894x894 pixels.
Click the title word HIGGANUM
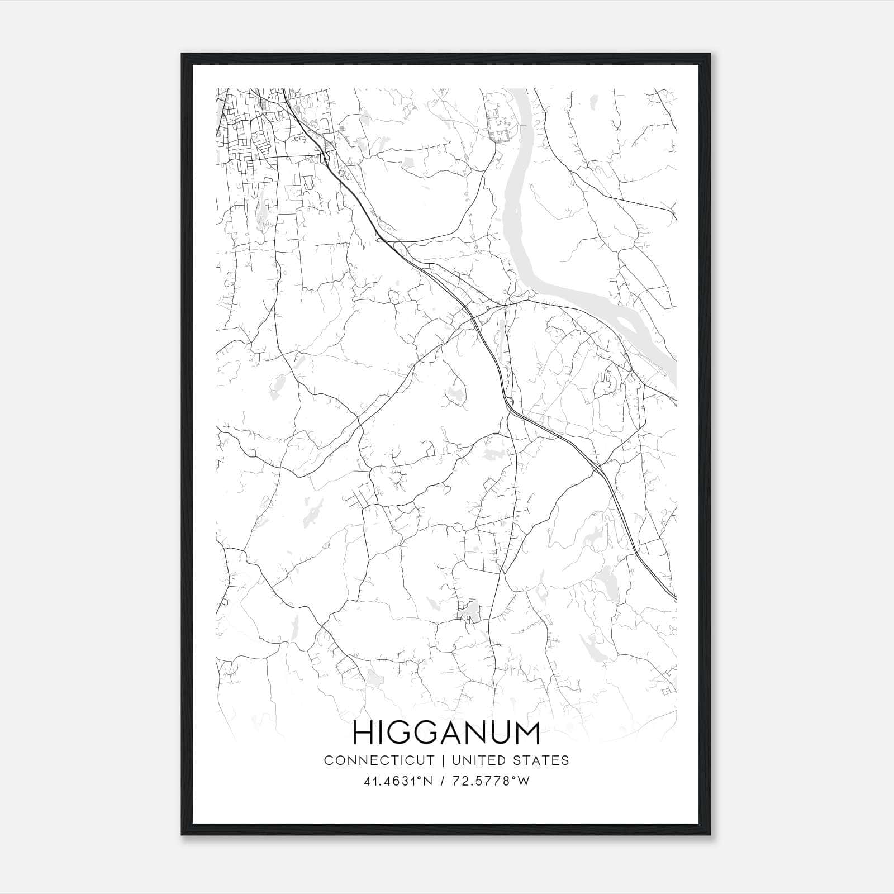tap(446, 733)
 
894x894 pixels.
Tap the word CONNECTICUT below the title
tap(379, 760)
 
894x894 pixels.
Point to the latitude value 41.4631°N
tap(398, 782)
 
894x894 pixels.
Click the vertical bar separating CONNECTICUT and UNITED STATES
tap(443, 760)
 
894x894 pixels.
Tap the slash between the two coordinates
tap(443, 782)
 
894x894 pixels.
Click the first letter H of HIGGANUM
tap(363, 733)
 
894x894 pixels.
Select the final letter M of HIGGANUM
tap(528, 733)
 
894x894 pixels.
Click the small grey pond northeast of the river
tap(593, 103)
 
